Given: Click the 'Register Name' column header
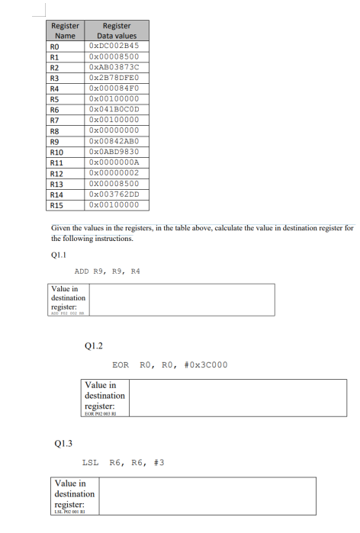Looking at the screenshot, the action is (66, 31).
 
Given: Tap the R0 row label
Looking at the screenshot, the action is (54, 46).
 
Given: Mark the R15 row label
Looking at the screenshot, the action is (56, 204).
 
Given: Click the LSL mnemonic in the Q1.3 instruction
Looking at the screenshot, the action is (90, 462).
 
